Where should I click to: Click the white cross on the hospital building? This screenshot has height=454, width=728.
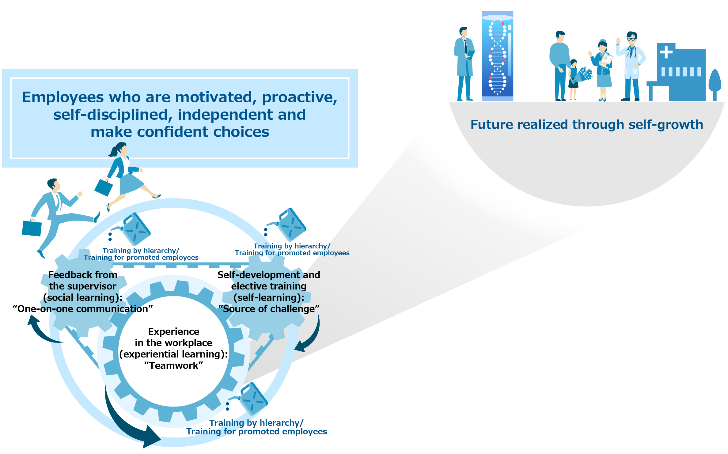[666, 52]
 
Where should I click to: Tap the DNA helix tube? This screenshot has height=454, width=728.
[497, 56]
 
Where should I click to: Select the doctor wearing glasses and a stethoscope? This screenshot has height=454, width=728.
[631, 66]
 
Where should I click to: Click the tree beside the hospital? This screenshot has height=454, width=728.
[715, 85]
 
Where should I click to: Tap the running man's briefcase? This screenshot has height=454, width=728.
[32, 228]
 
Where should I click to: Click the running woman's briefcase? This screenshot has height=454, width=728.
[104, 187]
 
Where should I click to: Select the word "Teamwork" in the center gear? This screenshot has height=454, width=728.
[174, 365]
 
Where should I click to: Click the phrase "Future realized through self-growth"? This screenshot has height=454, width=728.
[587, 125]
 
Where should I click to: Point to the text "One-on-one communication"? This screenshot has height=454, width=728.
[83, 309]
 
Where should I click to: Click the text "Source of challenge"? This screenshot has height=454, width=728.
[269, 309]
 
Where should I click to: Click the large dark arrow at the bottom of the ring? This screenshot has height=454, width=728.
[123, 426]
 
